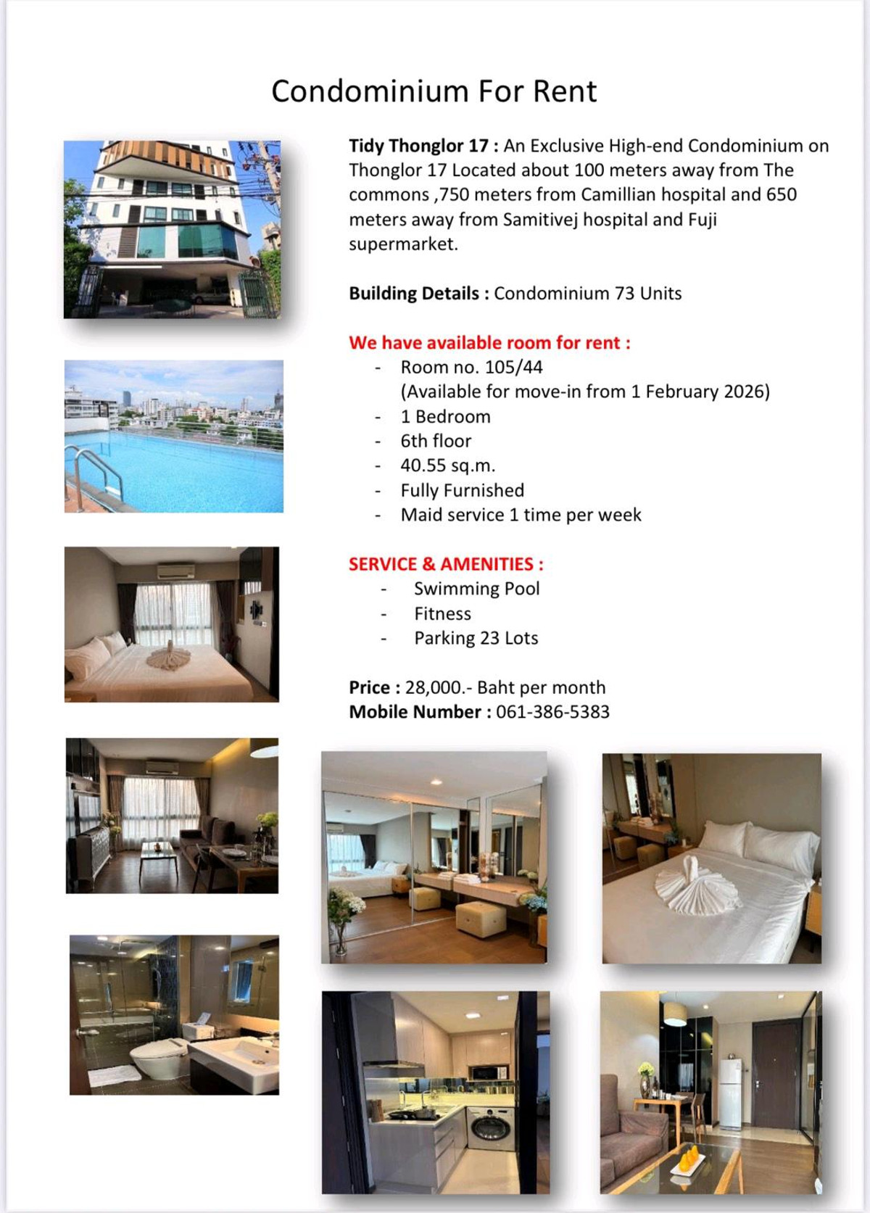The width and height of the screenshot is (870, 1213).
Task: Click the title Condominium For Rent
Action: pos(434,92)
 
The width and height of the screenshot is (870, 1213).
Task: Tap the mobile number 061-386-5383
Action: pos(552,712)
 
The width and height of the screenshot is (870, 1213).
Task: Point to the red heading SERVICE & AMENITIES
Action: pos(445,564)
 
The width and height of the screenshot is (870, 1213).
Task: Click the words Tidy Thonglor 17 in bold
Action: pos(418,146)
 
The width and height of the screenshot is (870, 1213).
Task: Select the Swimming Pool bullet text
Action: pos(476,589)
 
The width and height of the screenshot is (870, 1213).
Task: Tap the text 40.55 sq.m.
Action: pos(447,465)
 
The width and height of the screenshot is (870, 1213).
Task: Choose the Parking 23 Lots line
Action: pos(476,638)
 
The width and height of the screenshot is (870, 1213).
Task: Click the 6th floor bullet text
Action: pos(436,441)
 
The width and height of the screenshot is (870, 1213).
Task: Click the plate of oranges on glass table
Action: pos(689,1159)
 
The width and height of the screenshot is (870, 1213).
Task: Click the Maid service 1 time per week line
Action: pos(521,515)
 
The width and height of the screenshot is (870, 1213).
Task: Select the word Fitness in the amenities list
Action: pos(442,613)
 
